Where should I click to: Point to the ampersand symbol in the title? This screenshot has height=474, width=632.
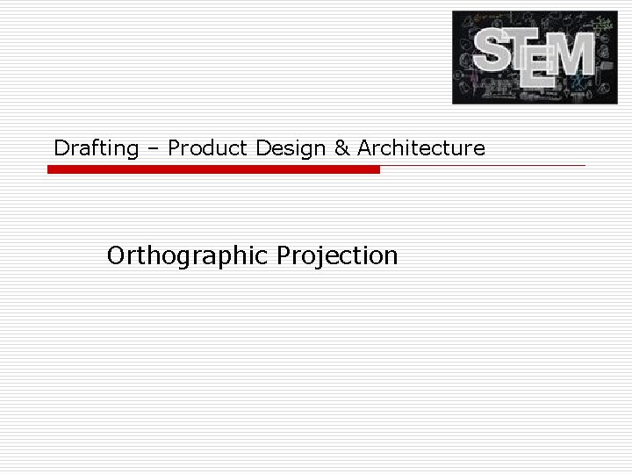341,147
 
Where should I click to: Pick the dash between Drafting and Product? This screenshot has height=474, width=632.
153,148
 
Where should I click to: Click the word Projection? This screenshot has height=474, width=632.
337,256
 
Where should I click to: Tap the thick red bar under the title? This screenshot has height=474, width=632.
213,169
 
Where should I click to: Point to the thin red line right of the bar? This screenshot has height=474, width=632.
483,165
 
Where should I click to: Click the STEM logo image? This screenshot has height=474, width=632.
535,57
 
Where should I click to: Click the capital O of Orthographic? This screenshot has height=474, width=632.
116,256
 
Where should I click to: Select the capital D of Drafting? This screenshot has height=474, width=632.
61,147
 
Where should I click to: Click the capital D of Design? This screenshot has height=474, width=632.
262,147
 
